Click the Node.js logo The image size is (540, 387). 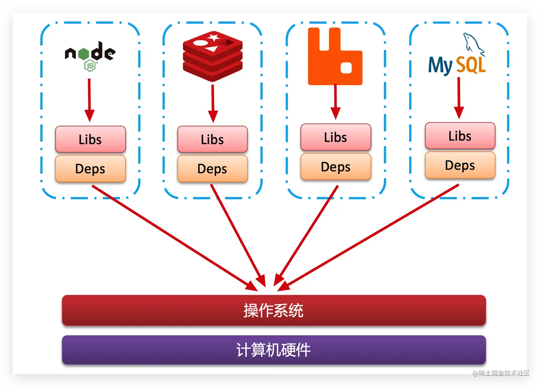(x=90, y=56)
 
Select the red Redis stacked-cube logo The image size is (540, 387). (x=212, y=56)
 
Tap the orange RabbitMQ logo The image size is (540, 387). (x=335, y=57)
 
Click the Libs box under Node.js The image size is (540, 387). (x=90, y=139)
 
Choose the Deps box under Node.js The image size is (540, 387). (x=90, y=168)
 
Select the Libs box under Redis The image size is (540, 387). (x=212, y=139)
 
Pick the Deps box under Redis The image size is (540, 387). (x=212, y=168)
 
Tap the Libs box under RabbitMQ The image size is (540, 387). (x=336, y=137)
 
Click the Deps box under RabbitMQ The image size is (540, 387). (x=336, y=167)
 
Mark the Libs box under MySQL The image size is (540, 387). (x=460, y=136)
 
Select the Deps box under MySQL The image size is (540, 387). (x=460, y=165)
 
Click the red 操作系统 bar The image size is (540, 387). (x=274, y=310)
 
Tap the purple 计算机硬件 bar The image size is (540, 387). (x=274, y=350)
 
